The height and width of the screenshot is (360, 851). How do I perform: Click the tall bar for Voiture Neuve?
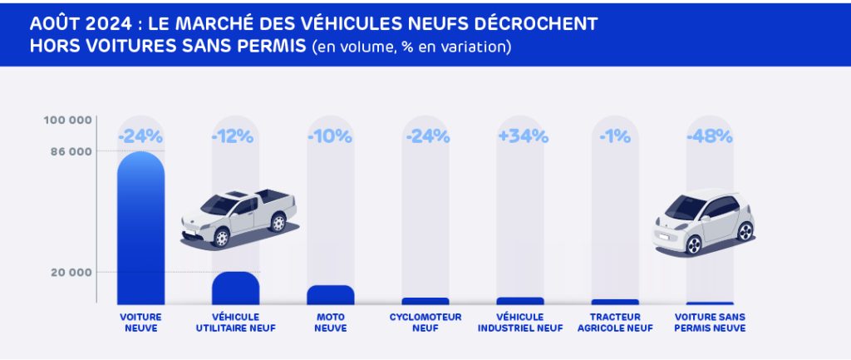click(140, 229)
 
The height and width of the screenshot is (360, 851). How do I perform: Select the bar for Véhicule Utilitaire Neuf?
click(235, 288)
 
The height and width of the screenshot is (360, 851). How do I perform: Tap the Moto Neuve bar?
click(330, 294)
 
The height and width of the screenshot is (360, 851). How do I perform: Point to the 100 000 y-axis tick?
click(68, 120)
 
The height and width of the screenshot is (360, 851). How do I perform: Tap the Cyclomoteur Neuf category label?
click(425, 322)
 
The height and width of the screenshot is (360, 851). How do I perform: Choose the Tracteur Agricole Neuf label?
click(615, 322)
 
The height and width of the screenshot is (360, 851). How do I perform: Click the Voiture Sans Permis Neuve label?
click(710, 322)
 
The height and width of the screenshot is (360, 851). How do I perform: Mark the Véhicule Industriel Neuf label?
click(520, 322)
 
